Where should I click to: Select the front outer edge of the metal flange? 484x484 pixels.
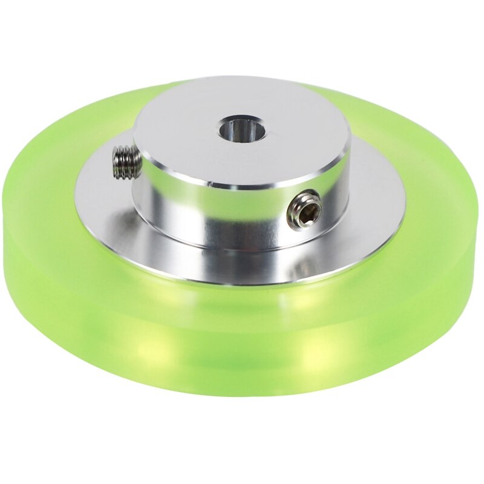[x=242, y=282]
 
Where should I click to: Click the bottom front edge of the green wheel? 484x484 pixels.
[x=242, y=393]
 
